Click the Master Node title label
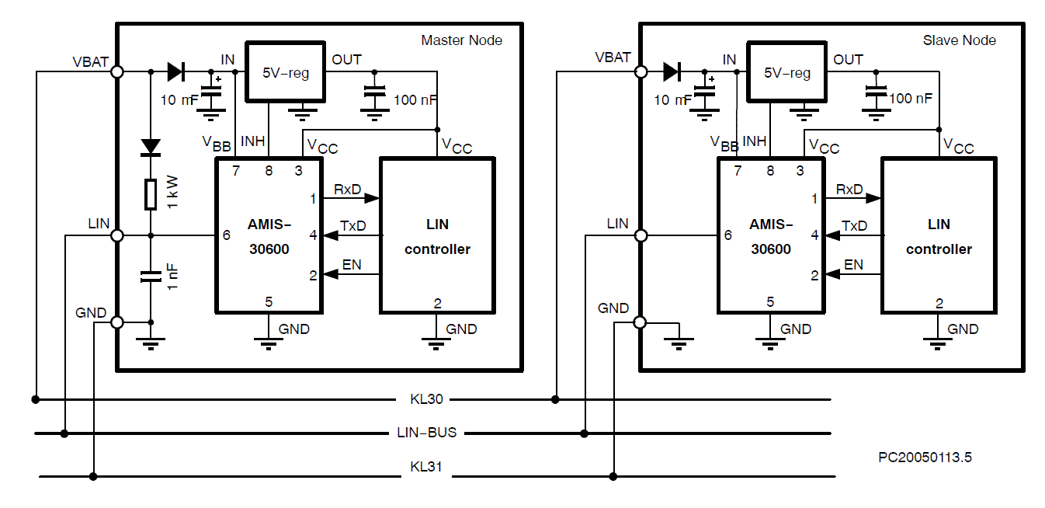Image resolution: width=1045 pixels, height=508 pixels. coord(461,40)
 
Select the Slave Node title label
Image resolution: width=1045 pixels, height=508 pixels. coord(959,40)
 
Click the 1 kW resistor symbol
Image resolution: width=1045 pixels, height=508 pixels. coord(151,193)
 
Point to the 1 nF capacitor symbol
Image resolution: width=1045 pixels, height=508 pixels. coord(151,277)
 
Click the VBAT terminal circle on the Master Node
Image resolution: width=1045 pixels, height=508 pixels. coord(118,71)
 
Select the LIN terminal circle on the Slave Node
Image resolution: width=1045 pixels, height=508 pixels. coord(641,235)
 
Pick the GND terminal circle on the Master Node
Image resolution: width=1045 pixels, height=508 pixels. coord(118,322)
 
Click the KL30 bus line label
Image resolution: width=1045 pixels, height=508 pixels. coord(426,400)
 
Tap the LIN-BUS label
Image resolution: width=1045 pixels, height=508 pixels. coord(426,433)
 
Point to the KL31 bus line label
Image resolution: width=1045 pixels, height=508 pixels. coord(426,468)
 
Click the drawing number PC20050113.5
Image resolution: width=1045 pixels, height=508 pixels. coord(925,458)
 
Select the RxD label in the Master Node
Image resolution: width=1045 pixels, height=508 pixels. coord(348,189)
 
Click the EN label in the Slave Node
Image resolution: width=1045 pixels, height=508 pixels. coord(853,265)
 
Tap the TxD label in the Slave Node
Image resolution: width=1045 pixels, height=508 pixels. coord(855,225)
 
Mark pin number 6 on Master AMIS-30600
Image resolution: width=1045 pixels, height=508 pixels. coord(227,235)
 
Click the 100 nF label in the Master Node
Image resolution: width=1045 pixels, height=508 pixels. coord(415,99)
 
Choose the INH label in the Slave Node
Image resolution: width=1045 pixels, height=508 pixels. coord(754,141)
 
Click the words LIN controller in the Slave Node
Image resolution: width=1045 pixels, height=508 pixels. coord(939,237)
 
